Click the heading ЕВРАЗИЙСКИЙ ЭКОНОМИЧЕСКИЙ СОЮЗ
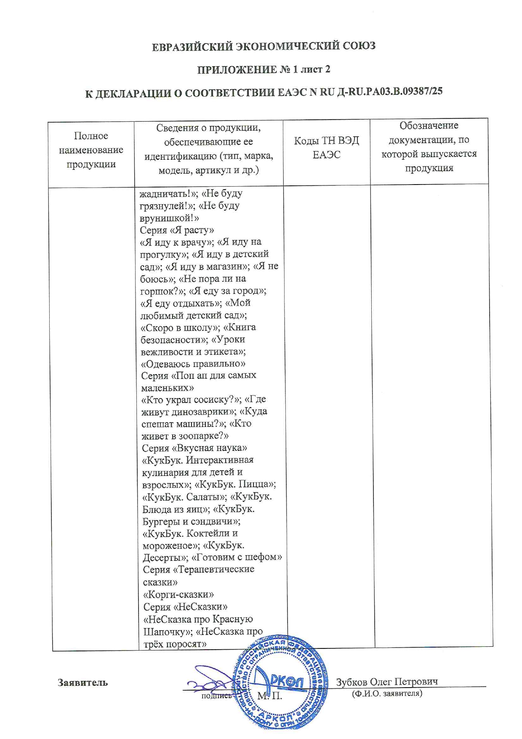pyautogui.click(x=264, y=46)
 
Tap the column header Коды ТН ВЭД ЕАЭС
pyautogui.click(x=326, y=147)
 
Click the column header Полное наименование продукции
pyautogui.click(x=91, y=150)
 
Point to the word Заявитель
pyautogui.click(x=83, y=682)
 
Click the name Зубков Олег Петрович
pyautogui.click(x=386, y=681)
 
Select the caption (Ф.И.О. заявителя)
pyautogui.click(x=387, y=693)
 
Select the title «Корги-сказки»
pyautogui.click(x=178, y=594)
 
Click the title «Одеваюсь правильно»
pyautogui.click(x=193, y=363)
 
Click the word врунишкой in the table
pyautogui.click(x=167, y=218)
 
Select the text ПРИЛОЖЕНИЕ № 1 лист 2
pyautogui.click(x=264, y=69)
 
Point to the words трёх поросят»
pyautogui.click(x=175, y=644)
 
